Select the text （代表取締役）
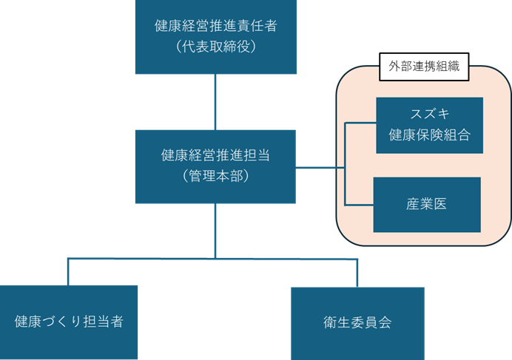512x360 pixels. (x=215, y=47)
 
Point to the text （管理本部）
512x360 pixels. (x=215, y=177)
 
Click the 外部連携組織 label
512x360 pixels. (x=424, y=66)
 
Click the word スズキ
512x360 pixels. (x=430, y=115)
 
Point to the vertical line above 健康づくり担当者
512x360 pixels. (x=69, y=271)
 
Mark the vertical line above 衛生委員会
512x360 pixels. (x=357, y=272)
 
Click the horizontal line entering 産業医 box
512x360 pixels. (x=360, y=204)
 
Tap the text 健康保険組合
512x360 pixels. (x=430, y=135)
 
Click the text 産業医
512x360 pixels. (x=427, y=205)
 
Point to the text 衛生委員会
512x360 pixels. (x=357, y=323)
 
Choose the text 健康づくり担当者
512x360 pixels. (x=69, y=322)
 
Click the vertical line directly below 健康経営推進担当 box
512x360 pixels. (x=215, y=230)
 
